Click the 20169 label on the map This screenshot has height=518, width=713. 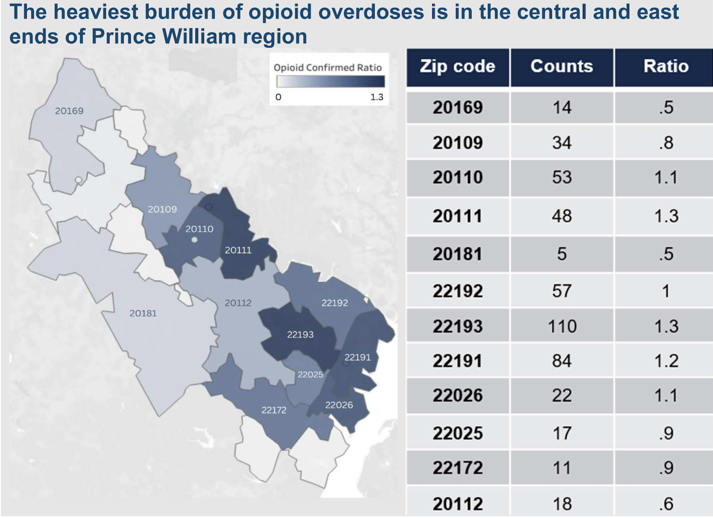(70, 110)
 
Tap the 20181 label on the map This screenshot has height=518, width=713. (143, 313)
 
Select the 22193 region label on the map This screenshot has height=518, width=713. (300, 334)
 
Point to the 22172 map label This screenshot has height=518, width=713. (274, 409)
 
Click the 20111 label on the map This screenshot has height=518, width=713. (238, 250)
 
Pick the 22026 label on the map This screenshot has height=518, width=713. (339, 405)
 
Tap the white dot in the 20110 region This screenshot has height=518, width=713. (194, 240)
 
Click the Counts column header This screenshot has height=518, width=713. (561, 66)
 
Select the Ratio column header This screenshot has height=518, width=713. (665, 66)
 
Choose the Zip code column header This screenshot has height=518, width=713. (458, 66)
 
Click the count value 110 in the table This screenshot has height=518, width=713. (561, 326)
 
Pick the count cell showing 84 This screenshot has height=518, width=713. (561, 361)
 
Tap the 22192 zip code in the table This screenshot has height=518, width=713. (458, 290)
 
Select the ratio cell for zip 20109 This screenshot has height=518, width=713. (665, 143)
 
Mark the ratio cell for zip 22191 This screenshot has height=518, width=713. (665, 361)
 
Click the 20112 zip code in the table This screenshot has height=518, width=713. (458, 504)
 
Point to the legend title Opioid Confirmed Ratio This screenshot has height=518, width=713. (327, 68)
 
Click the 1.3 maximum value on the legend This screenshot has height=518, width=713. (377, 97)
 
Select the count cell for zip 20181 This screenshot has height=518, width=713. (561, 254)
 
